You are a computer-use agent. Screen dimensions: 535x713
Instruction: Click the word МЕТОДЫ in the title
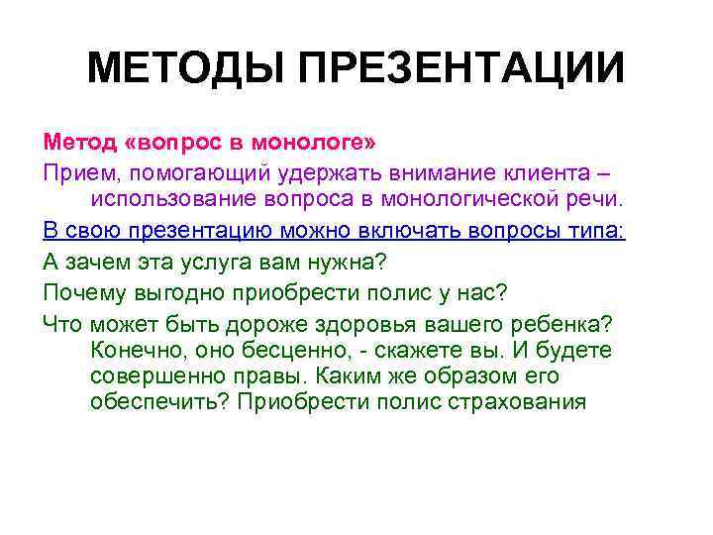point(189,69)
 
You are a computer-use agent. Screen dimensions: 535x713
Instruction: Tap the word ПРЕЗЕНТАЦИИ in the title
point(463,69)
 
